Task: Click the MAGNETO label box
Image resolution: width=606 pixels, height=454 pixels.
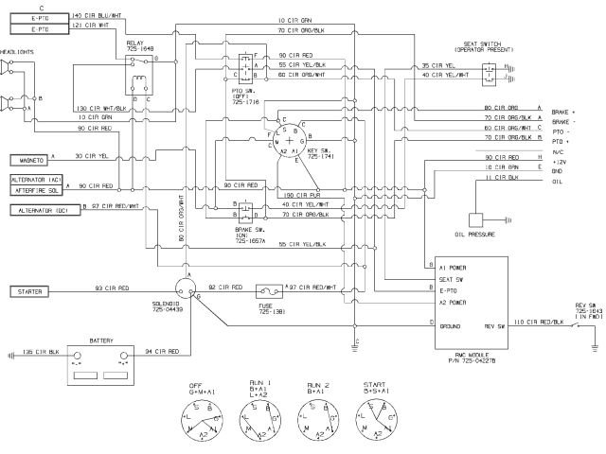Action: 29,161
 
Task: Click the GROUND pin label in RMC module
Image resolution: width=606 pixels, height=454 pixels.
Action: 451,324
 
